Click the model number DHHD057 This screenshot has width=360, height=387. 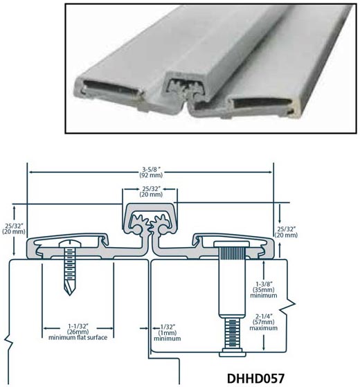[255, 379]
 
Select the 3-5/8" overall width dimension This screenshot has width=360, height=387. [151, 170]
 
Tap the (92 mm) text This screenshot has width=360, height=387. [151, 175]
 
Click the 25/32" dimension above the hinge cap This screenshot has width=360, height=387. [151, 189]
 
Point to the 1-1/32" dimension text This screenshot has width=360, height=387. [78, 326]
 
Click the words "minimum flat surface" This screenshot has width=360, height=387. [78, 337]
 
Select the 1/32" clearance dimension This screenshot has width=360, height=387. [168, 327]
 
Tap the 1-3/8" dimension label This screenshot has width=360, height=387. [264, 284]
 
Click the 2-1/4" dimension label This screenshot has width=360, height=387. [264, 316]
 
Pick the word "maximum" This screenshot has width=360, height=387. [264, 328]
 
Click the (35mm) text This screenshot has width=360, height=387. [264, 289]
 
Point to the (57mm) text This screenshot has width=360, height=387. [264, 322]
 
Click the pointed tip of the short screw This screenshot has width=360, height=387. [70, 295]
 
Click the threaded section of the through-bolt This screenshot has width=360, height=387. [232, 333]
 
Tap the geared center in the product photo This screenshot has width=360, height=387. [186, 91]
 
